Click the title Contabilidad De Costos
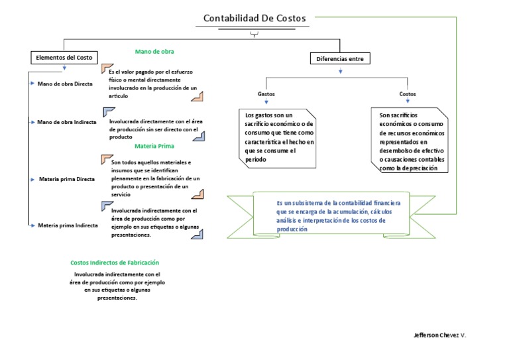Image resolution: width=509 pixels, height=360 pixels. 254,19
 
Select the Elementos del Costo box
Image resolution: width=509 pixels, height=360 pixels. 64,58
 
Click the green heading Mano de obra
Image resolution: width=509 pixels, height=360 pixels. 154,51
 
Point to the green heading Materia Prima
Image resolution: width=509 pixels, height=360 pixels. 154,146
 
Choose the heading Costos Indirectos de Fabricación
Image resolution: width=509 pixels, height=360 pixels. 115,263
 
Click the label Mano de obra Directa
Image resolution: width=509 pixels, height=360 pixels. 65,84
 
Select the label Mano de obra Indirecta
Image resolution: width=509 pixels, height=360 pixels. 67,122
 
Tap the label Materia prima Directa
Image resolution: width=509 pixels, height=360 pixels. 67,179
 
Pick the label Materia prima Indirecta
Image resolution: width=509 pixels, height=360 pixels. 68,225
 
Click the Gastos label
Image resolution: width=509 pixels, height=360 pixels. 266,94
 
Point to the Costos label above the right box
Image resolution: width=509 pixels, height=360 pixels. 408,94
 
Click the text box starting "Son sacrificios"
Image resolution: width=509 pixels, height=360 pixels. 410,142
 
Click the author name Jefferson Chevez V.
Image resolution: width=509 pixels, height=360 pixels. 439,335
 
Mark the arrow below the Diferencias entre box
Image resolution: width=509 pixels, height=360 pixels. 341,70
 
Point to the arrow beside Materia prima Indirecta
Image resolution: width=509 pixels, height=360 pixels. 31,225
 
